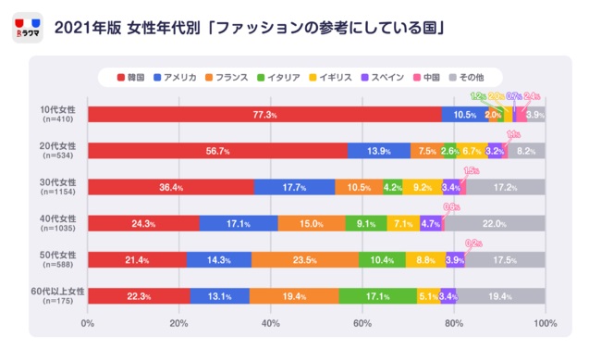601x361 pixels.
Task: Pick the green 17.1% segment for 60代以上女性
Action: tap(377, 296)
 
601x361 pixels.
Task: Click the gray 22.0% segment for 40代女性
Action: tap(495, 223)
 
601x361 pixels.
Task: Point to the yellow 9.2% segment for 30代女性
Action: tap(422, 187)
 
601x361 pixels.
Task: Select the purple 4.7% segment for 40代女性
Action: tap(431, 223)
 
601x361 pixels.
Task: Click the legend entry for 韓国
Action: tap(133, 77)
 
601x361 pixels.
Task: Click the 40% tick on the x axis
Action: tap(270, 323)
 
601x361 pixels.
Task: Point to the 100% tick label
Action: tap(545, 323)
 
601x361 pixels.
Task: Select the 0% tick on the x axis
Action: tap(89, 323)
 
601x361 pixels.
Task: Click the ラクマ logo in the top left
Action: tap(30, 28)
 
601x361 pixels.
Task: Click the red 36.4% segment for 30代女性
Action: tap(171, 187)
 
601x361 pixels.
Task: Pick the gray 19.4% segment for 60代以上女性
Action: tap(500, 296)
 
